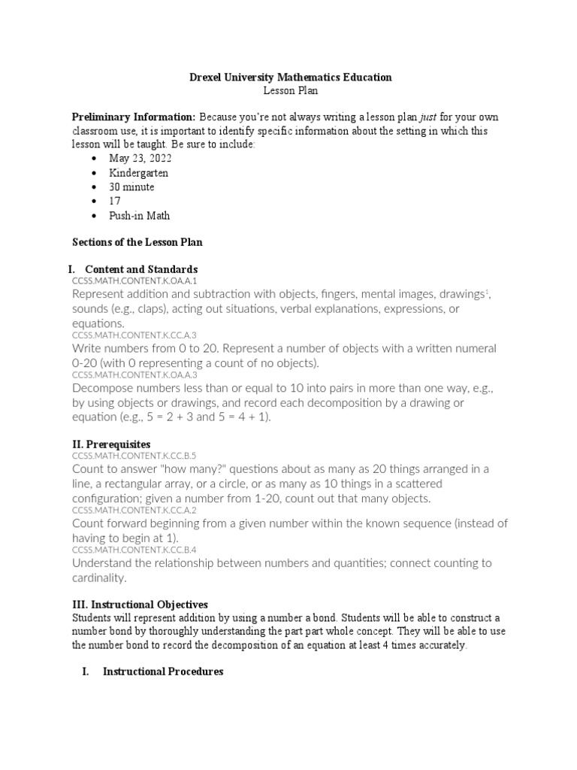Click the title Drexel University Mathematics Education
tap(289, 77)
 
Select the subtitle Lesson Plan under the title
tap(289, 90)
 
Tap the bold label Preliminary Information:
tap(133, 117)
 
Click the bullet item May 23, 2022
tap(140, 159)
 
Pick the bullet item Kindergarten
tap(138, 173)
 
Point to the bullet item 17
tap(114, 202)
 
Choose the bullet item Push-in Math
tap(139, 216)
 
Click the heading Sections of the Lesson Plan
tap(137, 242)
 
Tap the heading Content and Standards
tap(141, 269)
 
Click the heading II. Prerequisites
tap(110, 444)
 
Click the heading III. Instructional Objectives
tap(139, 605)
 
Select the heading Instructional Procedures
tap(163, 671)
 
